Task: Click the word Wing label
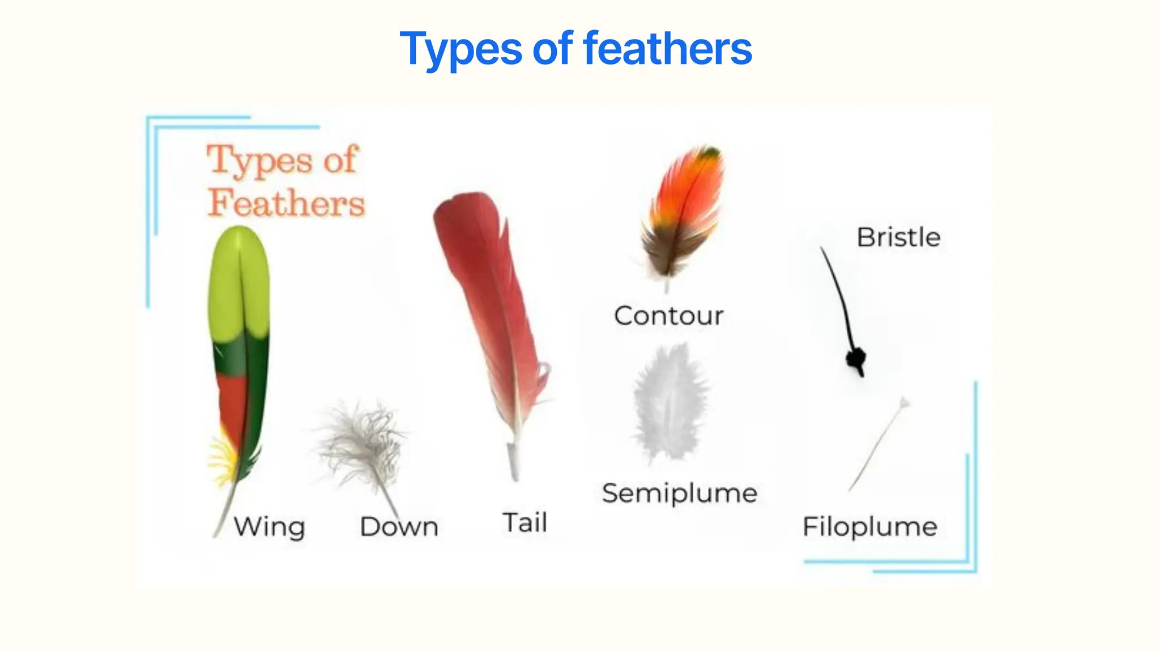(270, 527)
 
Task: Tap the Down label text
(399, 527)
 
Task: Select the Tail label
(525, 522)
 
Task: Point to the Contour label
(669, 316)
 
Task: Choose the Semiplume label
(680, 493)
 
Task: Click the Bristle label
(898, 237)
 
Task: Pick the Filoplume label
(870, 526)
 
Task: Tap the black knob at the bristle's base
(856, 359)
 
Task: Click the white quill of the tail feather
(514, 458)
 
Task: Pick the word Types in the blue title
(460, 49)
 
